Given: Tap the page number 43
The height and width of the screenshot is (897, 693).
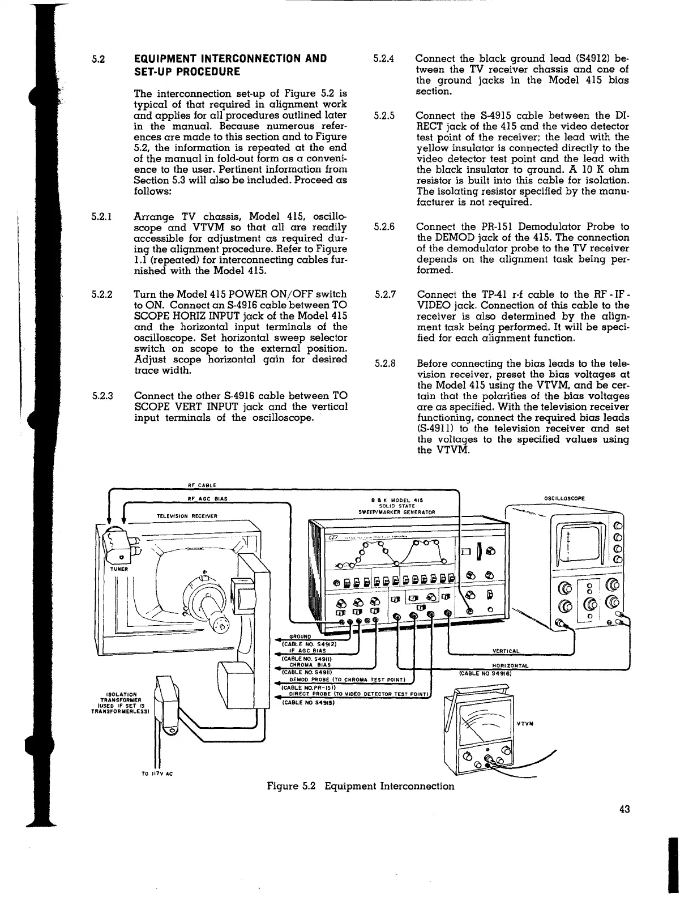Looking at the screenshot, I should [624, 809].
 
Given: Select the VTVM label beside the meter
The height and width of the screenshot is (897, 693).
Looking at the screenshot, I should [526, 724].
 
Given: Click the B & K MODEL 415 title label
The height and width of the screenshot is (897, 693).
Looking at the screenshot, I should [397, 499].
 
